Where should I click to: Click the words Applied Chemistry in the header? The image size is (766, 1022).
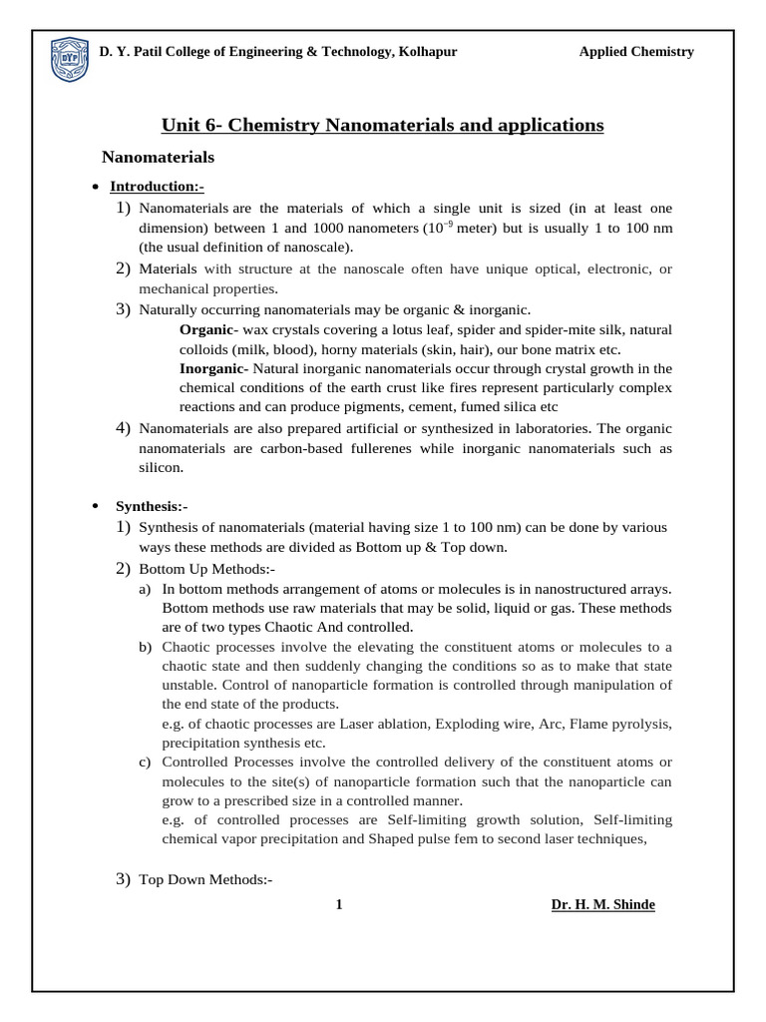(x=636, y=52)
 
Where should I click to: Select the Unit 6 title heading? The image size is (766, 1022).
(x=383, y=125)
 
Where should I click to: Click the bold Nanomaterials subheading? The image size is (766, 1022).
(x=159, y=157)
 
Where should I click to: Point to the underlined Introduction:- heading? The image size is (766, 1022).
(x=157, y=187)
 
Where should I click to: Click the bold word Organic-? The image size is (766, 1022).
(x=207, y=329)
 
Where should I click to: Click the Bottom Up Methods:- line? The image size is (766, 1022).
(x=206, y=569)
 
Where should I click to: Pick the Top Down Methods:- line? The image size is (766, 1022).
(x=205, y=879)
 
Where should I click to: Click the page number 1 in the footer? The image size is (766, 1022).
(x=339, y=904)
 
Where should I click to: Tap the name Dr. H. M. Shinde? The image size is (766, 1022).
(x=602, y=904)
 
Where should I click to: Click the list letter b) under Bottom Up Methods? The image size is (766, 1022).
(x=146, y=647)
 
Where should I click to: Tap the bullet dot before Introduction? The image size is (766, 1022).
(x=94, y=188)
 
